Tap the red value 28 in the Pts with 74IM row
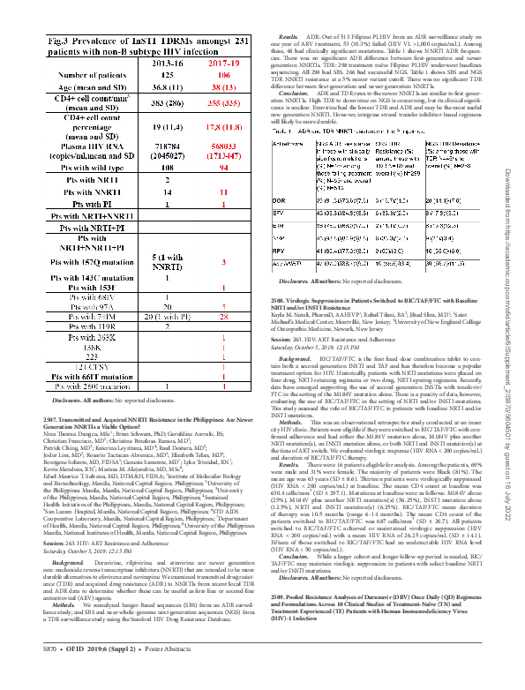pyautogui.click(x=224, y=315)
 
